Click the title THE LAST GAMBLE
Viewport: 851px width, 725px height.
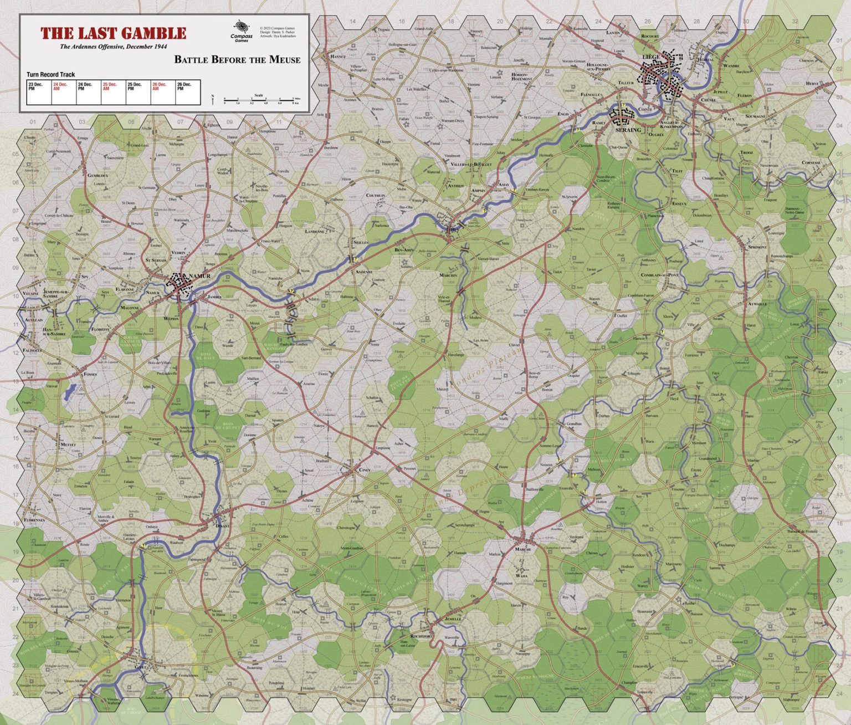click(x=113, y=33)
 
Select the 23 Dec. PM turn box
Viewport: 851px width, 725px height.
click(x=39, y=92)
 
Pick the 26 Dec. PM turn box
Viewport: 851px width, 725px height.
click(x=188, y=92)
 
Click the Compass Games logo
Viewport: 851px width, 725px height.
click(x=241, y=30)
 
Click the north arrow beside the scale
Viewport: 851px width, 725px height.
click(x=213, y=99)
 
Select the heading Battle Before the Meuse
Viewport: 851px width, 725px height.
click(x=237, y=59)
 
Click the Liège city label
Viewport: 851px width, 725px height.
click(x=650, y=57)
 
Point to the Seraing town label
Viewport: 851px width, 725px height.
click(x=627, y=130)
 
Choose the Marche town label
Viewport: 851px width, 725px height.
click(x=523, y=549)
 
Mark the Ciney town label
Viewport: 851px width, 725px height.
click(x=364, y=470)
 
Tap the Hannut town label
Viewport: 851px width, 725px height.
click(x=337, y=57)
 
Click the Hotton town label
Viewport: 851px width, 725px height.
click(x=601, y=501)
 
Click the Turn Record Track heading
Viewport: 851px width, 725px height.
click(x=50, y=74)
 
